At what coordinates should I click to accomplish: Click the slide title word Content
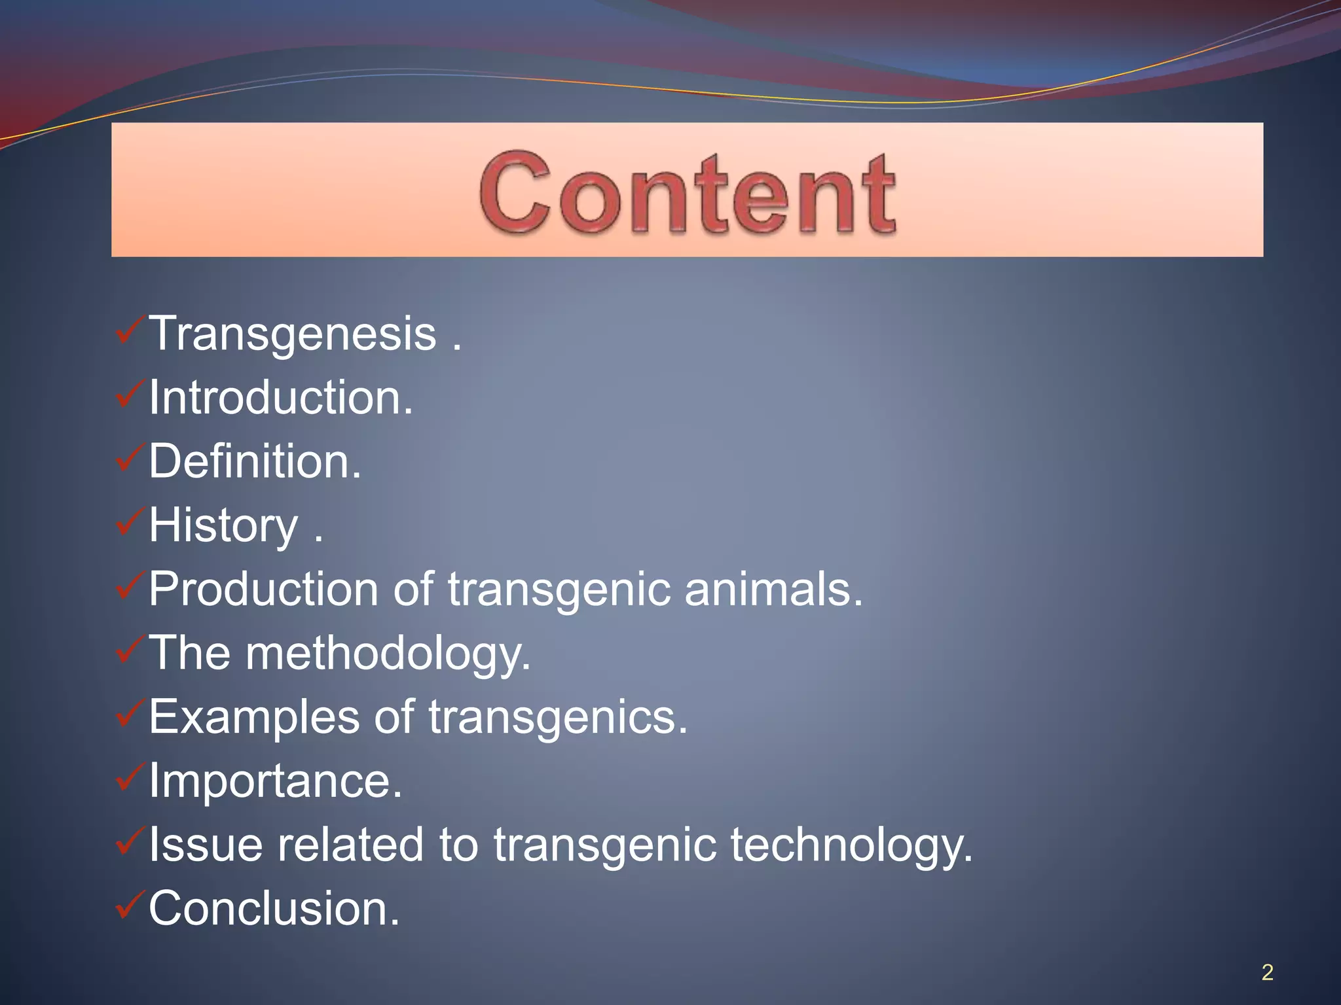pyautogui.click(x=688, y=193)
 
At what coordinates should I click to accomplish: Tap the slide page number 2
pyautogui.click(x=1267, y=972)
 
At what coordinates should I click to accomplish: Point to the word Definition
pyautogui.click(x=255, y=461)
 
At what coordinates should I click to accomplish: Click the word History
pyautogui.click(x=223, y=525)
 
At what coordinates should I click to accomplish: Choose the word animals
pyautogui.click(x=773, y=589)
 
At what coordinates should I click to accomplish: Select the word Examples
pyautogui.click(x=254, y=717)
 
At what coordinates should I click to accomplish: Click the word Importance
pyautogui.click(x=275, y=781)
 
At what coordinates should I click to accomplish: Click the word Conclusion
pyautogui.click(x=274, y=909)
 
